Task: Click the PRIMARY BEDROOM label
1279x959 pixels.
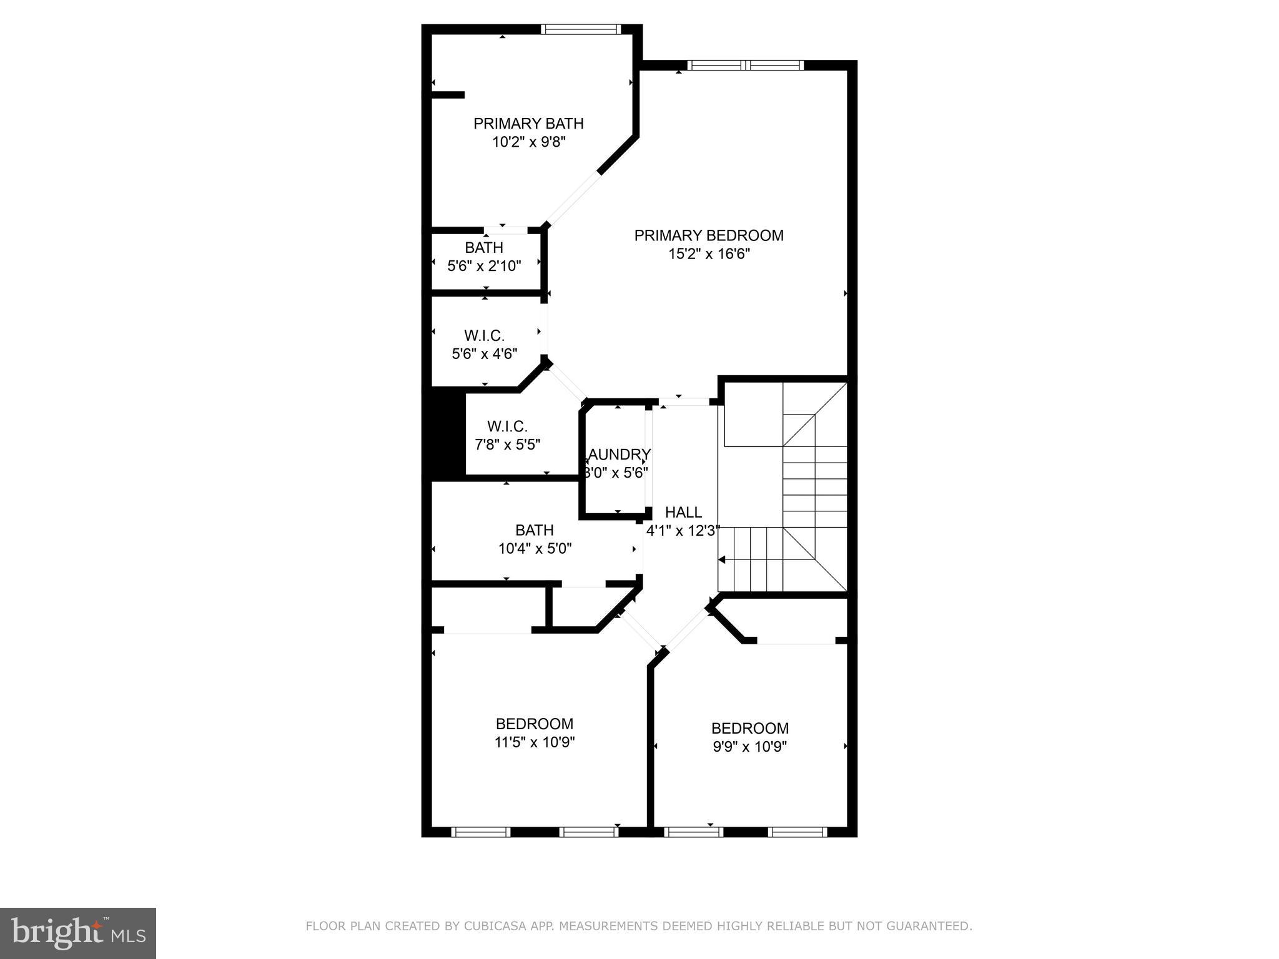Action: point(708,235)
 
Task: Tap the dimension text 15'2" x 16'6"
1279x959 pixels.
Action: point(708,254)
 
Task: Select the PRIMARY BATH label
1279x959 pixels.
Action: point(528,124)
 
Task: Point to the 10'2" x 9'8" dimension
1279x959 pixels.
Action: point(528,142)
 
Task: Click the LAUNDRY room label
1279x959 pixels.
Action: point(618,455)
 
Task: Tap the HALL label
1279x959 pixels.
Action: point(683,513)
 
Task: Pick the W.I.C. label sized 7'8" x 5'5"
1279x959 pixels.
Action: point(507,426)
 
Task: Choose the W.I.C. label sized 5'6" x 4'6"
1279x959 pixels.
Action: point(484,336)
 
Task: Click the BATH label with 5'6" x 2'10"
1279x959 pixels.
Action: point(483,248)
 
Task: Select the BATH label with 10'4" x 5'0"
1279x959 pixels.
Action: point(534,530)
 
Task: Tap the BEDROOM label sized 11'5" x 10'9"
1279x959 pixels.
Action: point(534,724)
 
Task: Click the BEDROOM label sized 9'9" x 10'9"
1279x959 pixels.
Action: point(749,728)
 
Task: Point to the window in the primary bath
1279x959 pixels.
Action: point(580,29)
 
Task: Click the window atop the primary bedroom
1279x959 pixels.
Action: point(745,65)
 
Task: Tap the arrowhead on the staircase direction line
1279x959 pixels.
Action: point(723,560)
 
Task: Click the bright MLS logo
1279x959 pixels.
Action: point(78,933)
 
